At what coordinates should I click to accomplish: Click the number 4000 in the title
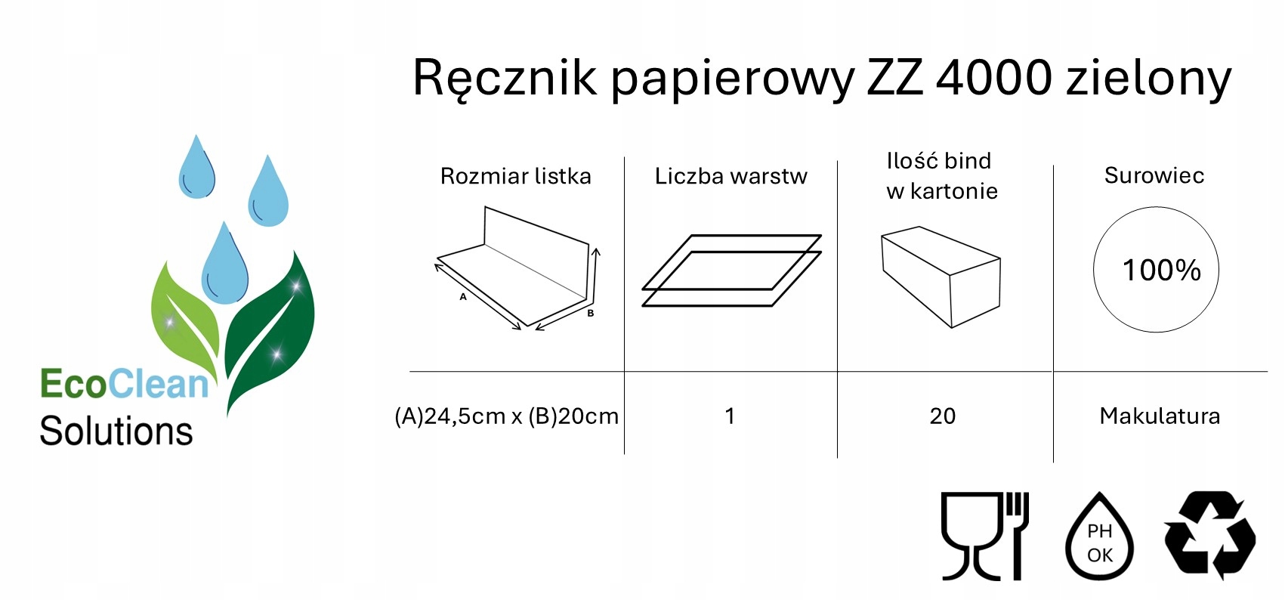(x=993, y=78)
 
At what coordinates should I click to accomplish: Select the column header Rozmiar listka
(x=515, y=176)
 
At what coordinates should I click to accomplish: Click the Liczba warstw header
(x=731, y=176)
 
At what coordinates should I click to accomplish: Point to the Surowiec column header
(x=1154, y=175)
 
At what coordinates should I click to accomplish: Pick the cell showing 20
(x=942, y=416)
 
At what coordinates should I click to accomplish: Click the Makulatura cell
(x=1160, y=416)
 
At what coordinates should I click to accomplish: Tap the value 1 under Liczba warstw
(x=730, y=416)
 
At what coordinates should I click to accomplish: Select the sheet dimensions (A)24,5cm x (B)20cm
(x=506, y=416)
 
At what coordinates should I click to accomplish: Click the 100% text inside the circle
(x=1161, y=270)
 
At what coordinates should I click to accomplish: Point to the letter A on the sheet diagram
(x=463, y=297)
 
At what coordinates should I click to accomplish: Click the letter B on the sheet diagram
(x=591, y=313)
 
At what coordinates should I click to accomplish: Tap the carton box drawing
(x=941, y=276)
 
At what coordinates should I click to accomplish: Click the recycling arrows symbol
(x=1209, y=535)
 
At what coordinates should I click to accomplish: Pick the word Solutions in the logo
(x=116, y=431)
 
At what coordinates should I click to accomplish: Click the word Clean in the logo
(x=158, y=384)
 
